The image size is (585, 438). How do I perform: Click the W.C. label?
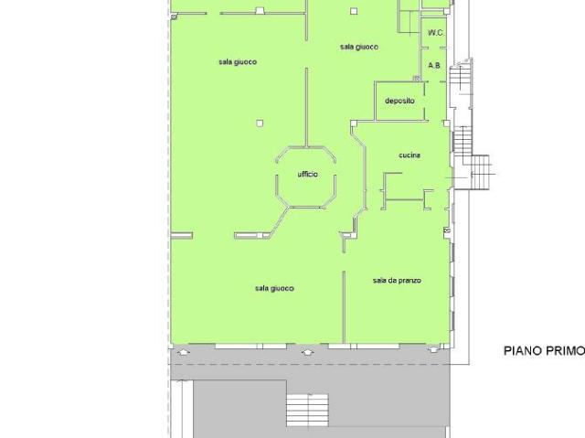435,33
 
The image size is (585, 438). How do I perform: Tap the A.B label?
434,66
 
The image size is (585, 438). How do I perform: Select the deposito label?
399,101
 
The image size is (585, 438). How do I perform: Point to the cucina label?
409,155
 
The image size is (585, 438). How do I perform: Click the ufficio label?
308,175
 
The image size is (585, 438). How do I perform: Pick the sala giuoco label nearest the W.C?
359,47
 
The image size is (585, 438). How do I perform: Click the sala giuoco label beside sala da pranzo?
274,288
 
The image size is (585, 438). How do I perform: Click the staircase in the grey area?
307,410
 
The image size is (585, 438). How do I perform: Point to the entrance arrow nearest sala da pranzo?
433,350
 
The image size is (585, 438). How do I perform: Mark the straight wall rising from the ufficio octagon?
307,107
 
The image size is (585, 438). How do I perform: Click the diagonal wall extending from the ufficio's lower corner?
278,221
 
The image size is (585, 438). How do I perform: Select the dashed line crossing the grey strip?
310,364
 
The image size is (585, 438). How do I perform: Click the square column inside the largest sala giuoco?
260,123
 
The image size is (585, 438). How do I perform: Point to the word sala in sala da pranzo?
379,280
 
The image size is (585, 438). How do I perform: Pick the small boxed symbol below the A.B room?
416,79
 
